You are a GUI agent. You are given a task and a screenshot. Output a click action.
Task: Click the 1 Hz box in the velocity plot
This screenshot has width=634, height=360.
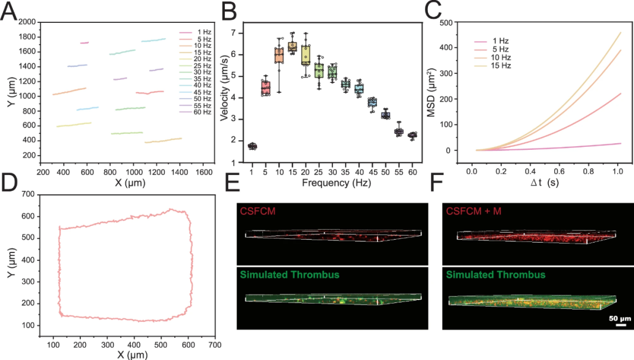point(252,146)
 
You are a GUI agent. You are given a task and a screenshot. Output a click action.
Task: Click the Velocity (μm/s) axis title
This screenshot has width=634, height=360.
point(225,92)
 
